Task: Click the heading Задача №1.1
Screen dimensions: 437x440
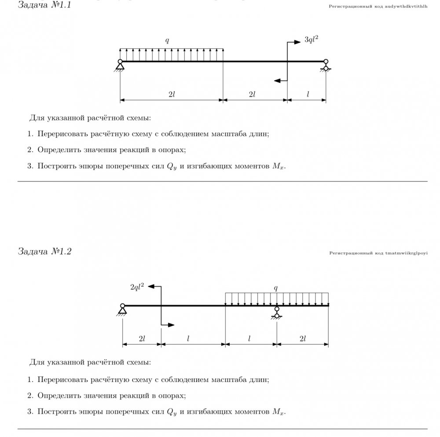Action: (x=44, y=6)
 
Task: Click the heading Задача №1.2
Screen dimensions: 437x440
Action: (x=44, y=251)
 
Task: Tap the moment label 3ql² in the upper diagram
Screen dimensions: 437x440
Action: (x=311, y=40)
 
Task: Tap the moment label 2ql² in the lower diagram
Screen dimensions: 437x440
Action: (x=137, y=287)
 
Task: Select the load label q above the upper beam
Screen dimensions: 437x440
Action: (x=167, y=40)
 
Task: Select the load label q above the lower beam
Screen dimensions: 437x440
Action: (x=276, y=288)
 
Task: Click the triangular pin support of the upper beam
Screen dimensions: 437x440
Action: (x=120, y=66)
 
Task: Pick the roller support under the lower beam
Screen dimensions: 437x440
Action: (x=277, y=312)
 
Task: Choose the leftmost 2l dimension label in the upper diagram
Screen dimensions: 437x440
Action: (x=172, y=94)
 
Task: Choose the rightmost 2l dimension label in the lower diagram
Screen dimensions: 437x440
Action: (x=302, y=339)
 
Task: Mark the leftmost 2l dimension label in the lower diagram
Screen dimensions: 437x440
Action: (x=142, y=339)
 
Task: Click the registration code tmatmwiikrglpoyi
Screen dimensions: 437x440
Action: (x=378, y=253)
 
